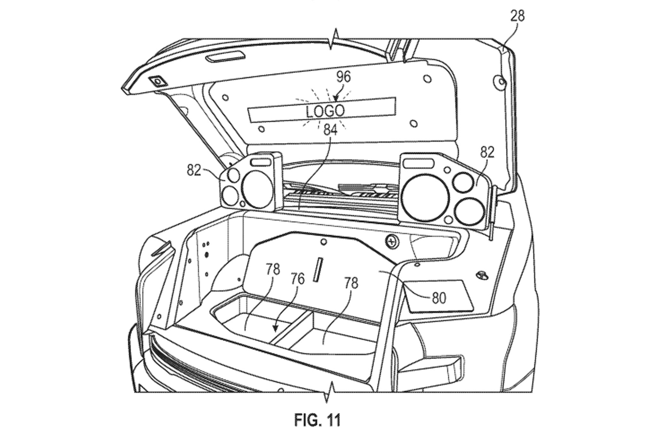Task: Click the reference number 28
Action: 517,16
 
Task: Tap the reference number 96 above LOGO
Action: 343,77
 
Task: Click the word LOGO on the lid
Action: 325,111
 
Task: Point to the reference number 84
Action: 330,130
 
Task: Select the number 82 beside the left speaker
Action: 194,170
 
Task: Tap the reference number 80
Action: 439,298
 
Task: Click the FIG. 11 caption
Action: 317,420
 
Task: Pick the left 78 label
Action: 272,269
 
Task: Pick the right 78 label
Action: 351,283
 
